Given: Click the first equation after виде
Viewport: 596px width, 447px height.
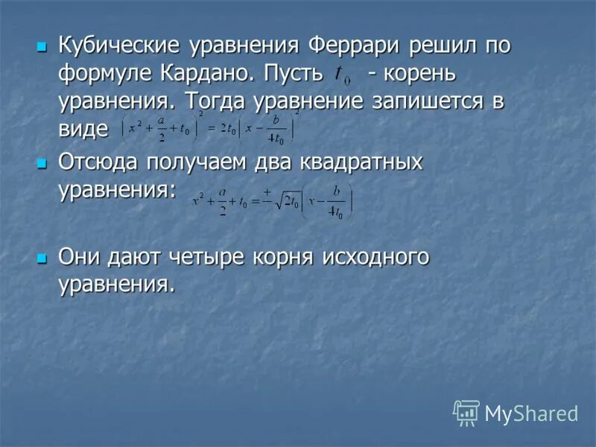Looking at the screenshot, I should pos(209,128).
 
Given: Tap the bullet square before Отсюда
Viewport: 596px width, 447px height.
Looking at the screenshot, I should pos(42,163).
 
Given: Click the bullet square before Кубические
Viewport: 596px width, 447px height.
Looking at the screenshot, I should pos(42,47).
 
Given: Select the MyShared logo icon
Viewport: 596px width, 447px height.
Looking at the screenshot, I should pos(466,412).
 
